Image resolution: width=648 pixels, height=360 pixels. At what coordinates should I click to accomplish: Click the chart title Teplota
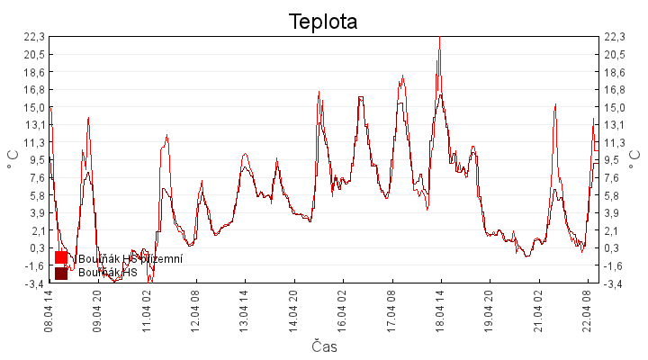click(x=323, y=22)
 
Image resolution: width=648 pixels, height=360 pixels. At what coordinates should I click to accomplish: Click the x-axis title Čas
click(x=325, y=346)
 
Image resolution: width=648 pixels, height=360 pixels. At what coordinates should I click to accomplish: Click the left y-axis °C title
click(x=13, y=159)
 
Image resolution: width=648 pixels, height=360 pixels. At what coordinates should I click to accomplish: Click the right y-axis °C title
click(x=635, y=159)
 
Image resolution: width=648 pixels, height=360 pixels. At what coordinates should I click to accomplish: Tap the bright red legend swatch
click(x=61, y=258)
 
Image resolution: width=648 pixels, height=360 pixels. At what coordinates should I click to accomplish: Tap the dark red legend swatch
click(x=61, y=272)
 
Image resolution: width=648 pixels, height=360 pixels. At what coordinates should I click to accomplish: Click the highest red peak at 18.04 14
click(x=439, y=38)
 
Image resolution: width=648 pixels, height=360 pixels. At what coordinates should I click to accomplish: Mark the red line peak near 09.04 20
click(x=88, y=118)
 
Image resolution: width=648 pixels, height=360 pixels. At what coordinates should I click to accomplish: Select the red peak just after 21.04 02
click(x=555, y=104)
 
